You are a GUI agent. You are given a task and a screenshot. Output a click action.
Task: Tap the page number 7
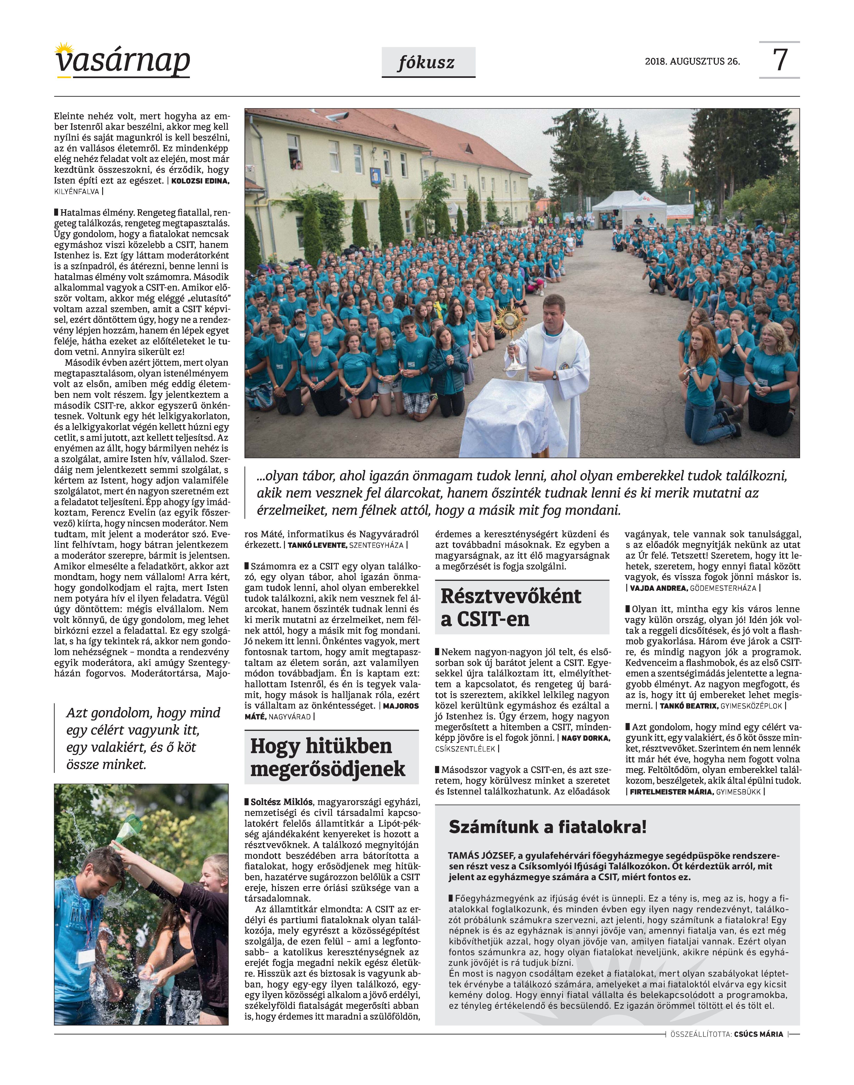click(x=779, y=60)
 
